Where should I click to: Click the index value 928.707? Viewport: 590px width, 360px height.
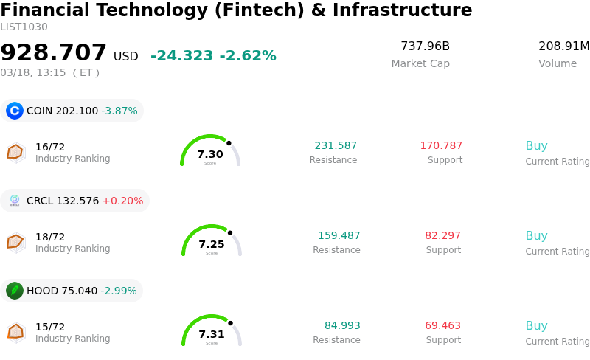[54, 53]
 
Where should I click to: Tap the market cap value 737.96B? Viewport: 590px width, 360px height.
[425, 46]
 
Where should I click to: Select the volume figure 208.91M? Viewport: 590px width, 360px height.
[563, 46]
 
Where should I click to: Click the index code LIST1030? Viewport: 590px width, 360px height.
[24, 27]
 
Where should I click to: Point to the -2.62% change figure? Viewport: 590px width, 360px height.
[248, 56]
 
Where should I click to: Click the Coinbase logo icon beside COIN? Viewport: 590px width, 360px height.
[15, 111]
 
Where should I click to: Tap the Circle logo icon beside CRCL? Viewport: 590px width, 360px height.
[15, 201]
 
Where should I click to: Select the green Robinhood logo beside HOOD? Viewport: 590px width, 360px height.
[15, 291]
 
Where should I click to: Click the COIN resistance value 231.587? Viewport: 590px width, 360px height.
[336, 146]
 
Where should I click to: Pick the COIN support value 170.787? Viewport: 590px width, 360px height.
[441, 146]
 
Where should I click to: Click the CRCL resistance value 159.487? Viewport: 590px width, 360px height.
[339, 236]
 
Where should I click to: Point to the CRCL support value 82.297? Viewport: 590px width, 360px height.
[442, 236]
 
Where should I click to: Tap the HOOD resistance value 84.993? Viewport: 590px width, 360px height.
[342, 326]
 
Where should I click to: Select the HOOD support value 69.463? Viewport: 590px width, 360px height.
[442, 326]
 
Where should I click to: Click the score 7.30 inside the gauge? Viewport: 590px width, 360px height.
[210, 155]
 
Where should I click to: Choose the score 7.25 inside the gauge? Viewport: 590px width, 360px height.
[212, 245]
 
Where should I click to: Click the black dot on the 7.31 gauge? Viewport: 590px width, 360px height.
[230, 323]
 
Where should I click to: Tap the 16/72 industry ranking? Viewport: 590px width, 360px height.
[50, 147]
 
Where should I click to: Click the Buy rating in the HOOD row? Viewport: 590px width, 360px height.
[536, 326]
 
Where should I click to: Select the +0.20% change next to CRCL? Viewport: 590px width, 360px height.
[122, 201]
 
